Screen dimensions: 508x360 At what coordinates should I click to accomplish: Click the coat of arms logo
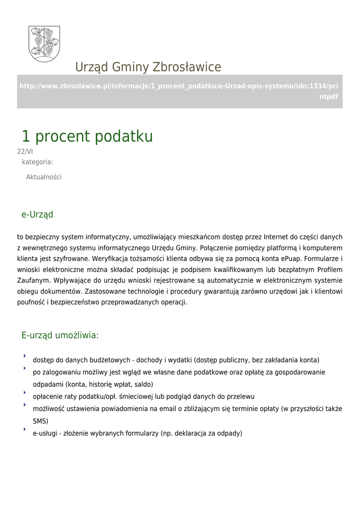[44, 44]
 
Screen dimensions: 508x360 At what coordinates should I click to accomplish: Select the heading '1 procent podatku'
[87, 136]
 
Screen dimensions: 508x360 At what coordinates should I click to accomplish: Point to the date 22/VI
[25, 152]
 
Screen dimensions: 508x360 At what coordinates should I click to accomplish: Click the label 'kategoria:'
[37, 162]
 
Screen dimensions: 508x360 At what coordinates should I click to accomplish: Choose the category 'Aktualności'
[44, 177]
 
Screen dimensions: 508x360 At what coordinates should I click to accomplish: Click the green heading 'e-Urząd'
[37, 215]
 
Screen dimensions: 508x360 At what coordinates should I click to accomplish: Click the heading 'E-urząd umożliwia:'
[60, 335]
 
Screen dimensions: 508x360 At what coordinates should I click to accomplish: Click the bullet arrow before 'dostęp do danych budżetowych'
[24, 356]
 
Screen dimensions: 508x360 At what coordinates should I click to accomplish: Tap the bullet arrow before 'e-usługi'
[24, 430]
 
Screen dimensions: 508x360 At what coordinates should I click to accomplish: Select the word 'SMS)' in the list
[40, 421]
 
